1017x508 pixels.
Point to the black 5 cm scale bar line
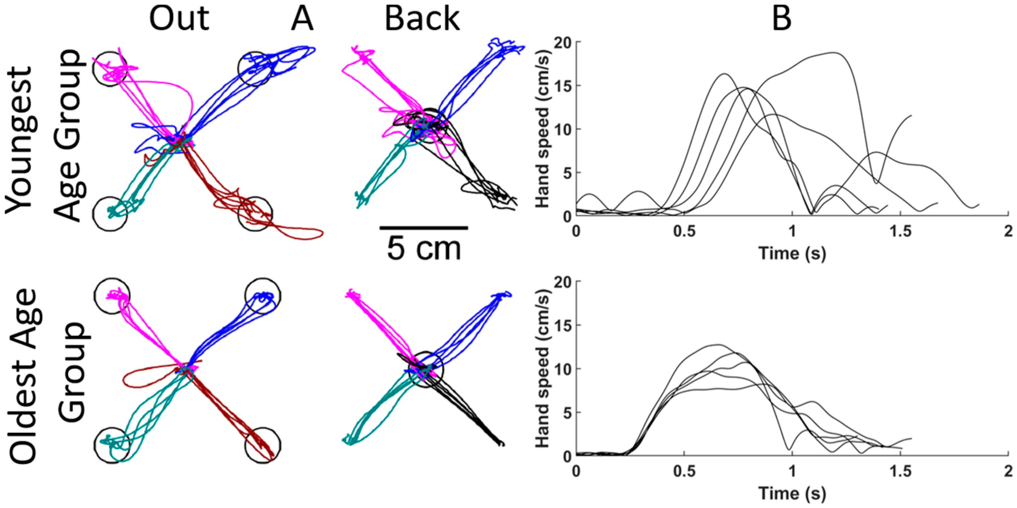(x=424, y=228)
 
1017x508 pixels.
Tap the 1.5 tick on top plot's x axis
(x=900, y=231)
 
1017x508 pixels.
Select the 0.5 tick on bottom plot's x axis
(x=684, y=471)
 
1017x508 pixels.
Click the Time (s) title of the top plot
(x=792, y=253)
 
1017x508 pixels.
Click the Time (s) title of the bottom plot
(x=792, y=493)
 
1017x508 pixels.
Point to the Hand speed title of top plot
(x=544, y=129)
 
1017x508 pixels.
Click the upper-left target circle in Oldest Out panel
(x=112, y=279)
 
